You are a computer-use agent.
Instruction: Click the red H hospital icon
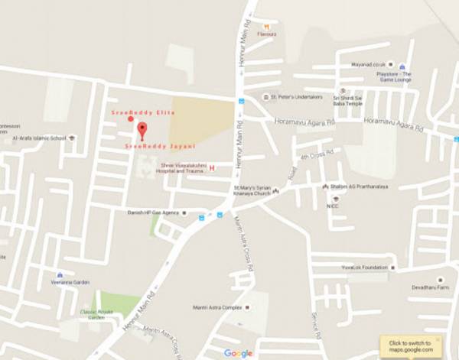(212, 167)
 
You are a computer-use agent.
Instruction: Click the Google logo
(238, 352)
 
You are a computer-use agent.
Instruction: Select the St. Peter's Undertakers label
(294, 98)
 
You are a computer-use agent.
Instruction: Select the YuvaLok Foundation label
(363, 268)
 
